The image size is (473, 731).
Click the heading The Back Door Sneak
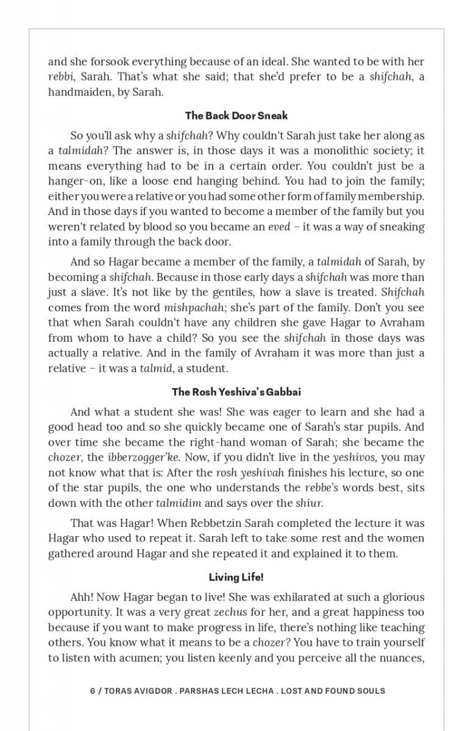click(x=237, y=116)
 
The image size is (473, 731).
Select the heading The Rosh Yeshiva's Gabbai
click(x=237, y=392)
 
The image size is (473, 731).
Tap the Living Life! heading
click(x=237, y=577)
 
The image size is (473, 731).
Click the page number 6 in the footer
click(x=93, y=691)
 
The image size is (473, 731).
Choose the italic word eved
click(x=280, y=227)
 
